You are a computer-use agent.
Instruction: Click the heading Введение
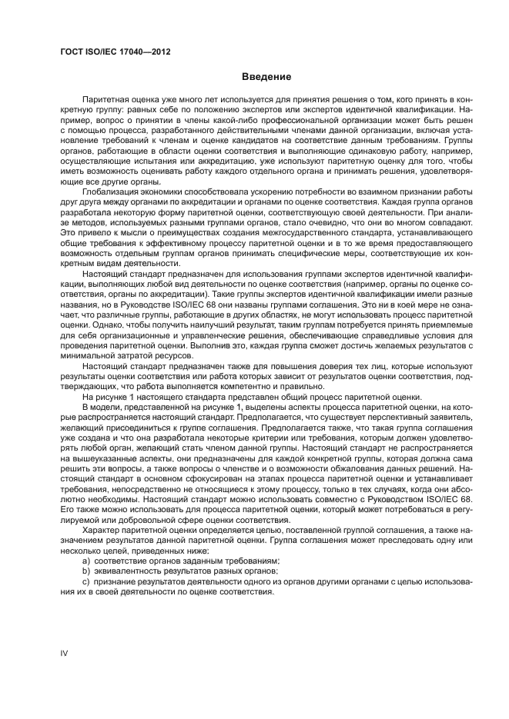(266, 77)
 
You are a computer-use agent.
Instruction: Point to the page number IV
(65, 654)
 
